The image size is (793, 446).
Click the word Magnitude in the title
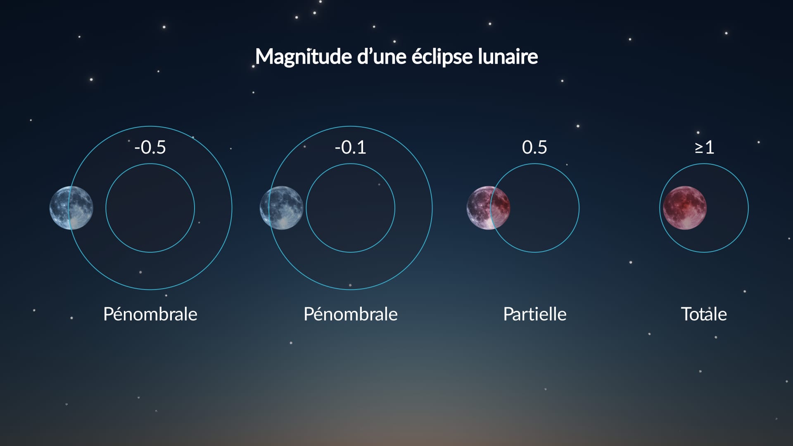click(x=304, y=57)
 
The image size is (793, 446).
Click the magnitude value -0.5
click(x=150, y=147)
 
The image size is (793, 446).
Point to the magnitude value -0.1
click(x=350, y=147)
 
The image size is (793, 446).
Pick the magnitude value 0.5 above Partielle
click(x=534, y=147)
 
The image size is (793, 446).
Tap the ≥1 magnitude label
click(x=704, y=147)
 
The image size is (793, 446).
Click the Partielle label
click(x=534, y=314)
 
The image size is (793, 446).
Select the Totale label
click(x=704, y=314)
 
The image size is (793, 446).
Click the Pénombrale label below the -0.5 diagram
click(x=150, y=314)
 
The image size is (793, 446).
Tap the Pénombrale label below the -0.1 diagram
click(x=350, y=314)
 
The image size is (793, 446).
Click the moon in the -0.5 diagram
click(x=71, y=208)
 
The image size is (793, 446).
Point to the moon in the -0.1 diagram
click(x=281, y=208)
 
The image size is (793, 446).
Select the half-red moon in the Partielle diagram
click(x=488, y=208)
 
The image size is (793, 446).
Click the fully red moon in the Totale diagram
click(x=684, y=208)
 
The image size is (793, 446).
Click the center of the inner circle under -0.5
click(x=150, y=208)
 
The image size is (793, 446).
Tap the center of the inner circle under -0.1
click(x=350, y=208)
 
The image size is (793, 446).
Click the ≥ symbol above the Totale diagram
click(x=698, y=147)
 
